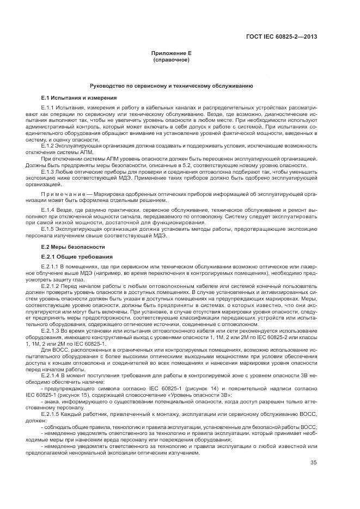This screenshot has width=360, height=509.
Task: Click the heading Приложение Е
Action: (171, 53)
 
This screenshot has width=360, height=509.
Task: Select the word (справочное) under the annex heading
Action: (171, 59)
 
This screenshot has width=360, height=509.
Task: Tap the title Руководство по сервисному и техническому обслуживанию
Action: (171, 87)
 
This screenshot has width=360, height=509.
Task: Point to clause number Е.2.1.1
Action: (51, 266)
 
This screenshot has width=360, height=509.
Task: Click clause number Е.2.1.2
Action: (51, 285)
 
